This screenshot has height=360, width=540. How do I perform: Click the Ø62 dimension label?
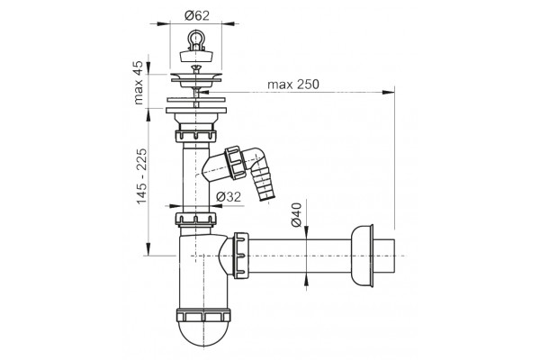tap(196, 15)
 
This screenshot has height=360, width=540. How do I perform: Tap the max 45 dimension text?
tap(139, 83)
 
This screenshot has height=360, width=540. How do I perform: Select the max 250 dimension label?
tap(293, 85)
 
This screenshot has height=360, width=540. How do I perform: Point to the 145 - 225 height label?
tap(141, 175)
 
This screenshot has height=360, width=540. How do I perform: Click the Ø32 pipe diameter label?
tap(229, 197)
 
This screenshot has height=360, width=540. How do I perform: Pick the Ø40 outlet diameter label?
tap(296, 214)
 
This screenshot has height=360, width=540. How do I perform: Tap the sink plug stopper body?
tap(196, 57)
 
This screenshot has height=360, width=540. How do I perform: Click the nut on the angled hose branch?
tap(234, 163)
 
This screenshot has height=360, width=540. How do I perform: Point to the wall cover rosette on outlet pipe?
tap(362, 256)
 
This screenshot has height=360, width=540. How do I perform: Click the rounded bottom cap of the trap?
tap(203, 334)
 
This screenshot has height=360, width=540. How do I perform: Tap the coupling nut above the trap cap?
tap(203, 316)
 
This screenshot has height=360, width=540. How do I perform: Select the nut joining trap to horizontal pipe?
tap(241, 256)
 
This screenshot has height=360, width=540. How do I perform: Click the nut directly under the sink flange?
tap(195, 136)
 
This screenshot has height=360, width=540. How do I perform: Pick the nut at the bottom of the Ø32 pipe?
tap(195, 219)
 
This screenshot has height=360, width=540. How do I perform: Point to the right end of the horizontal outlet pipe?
tap(395, 256)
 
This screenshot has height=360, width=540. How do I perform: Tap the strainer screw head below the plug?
tap(196, 68)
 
